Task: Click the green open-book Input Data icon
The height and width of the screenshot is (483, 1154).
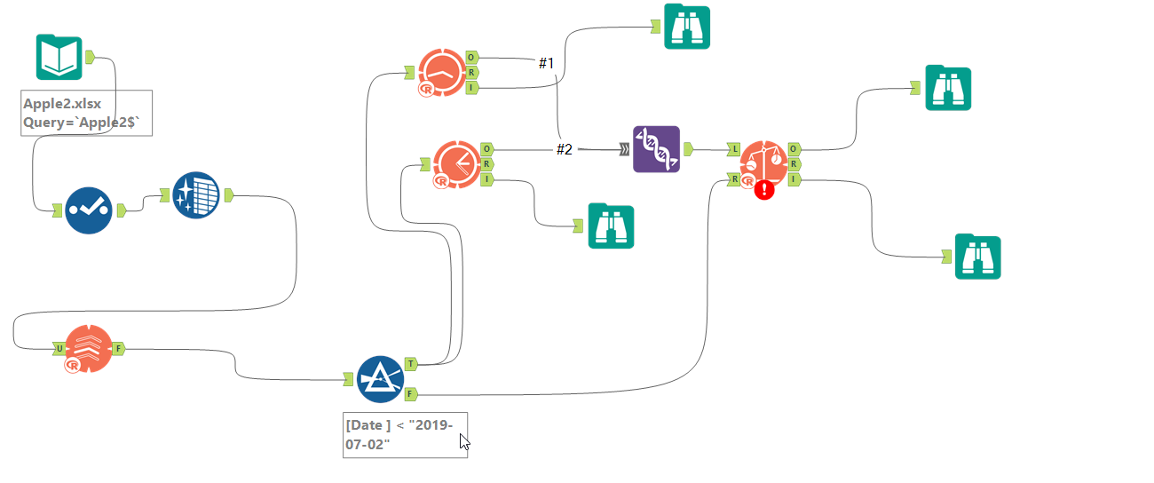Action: pyautogui.click(x=59, y=58)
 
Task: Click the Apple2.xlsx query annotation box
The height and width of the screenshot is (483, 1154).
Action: pyautogui.click(x=87, y=113)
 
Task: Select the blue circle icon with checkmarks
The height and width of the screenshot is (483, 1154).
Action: pyautogui.click(x=89, y=210)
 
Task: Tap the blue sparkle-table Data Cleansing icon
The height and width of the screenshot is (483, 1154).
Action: pyautogui.click(x=195, y=194)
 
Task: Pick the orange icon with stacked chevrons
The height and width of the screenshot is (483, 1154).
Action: pyautogui.click(x=89, y=349)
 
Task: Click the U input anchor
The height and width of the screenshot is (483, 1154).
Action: pyautogui.click(x=59, y=349)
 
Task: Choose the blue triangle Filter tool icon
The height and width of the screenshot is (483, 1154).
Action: pyautogui.click(x=380, y=379)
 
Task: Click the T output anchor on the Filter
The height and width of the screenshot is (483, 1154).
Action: pyautogui.click(x=411, y=363)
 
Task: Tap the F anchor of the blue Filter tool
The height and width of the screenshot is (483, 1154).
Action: pyautogui.click(x=411, y=392)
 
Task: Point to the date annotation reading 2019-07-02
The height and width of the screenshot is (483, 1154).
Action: pyautogui.click(x=405, y=434)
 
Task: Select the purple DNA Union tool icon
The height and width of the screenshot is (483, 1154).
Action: pyautogui.click(x=656, y=149)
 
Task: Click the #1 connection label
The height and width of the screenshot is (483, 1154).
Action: pyautogui.click(x=546, y=63)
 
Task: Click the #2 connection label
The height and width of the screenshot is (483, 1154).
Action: pyautogui.click(x=565, y=149)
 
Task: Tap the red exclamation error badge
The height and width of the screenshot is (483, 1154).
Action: pyautogui.click(x=763, y=189)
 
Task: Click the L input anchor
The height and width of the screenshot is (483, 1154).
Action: pyautogui.click(x=733, y=148)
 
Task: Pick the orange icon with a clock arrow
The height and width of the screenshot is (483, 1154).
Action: pyautogui.click(x=457, y=163)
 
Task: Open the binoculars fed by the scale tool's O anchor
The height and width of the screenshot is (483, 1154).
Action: pyautogui.click(x=948, y=88)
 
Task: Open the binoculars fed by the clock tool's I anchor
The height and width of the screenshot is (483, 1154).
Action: pyautogui.click(x=611, y=226)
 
